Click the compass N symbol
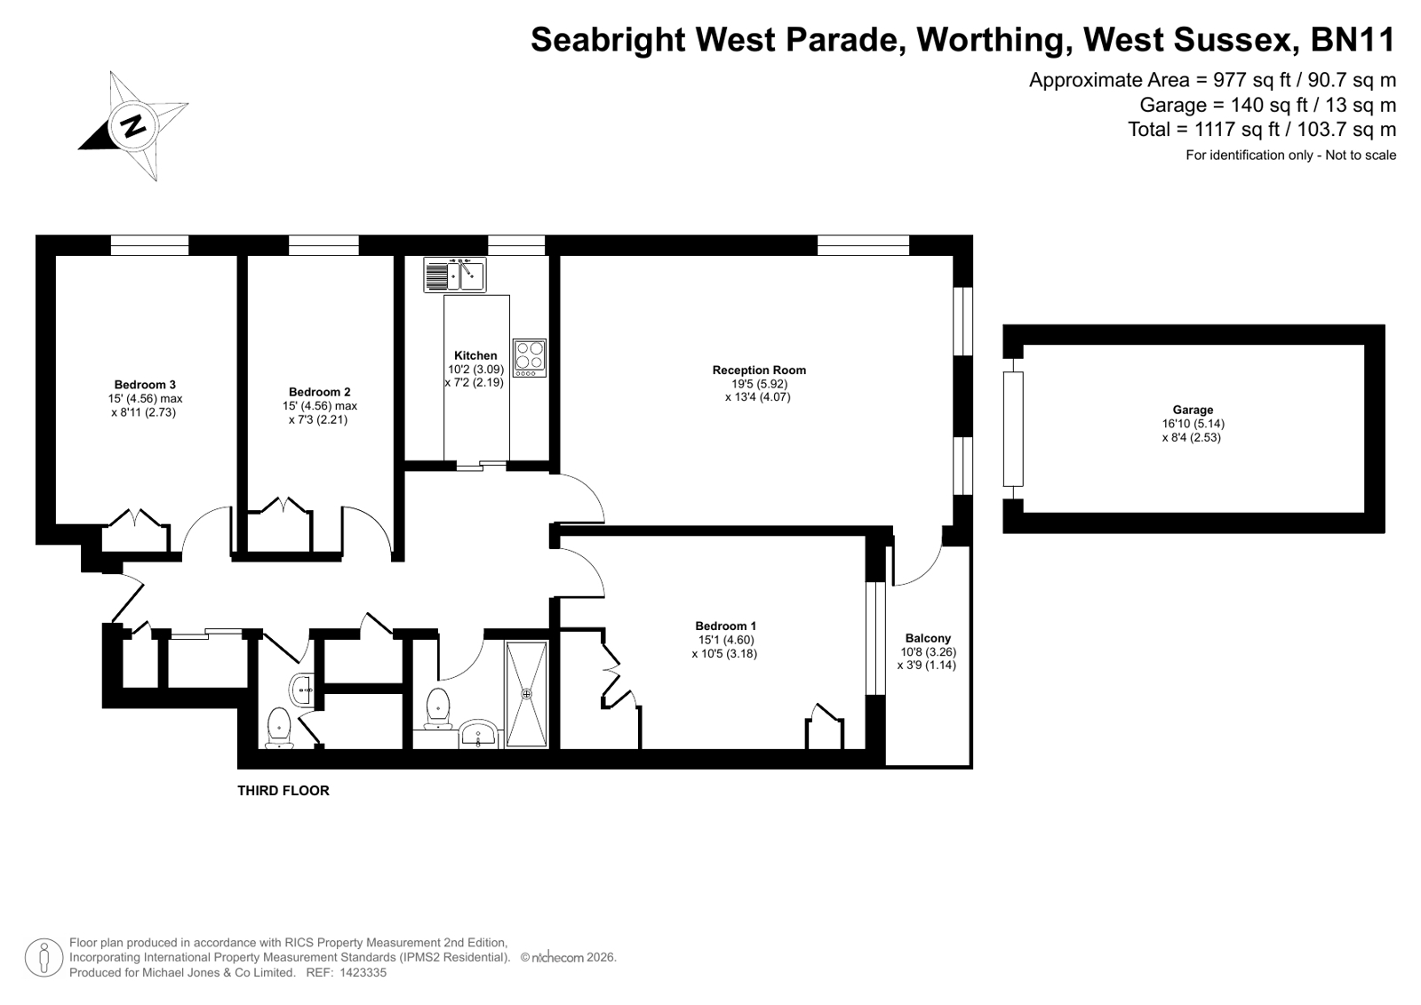(133, 125)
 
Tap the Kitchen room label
(475, 355)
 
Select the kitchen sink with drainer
(455, 275)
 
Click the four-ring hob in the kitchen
(530, 358)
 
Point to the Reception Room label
(759, 370)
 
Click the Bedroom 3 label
(145, 385)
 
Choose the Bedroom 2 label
(319, 392)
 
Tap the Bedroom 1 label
(726, 626)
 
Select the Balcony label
(928, 638)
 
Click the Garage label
(1193, 410)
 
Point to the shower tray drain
(526, 694)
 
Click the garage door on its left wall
(1013, 429)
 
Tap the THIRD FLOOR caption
(283, 791)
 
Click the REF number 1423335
(363, 973)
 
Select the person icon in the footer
(44, 957)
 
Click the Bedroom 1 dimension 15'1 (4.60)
(726, 640)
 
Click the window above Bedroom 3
(149, 245)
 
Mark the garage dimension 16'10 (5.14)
(1193, 424)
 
